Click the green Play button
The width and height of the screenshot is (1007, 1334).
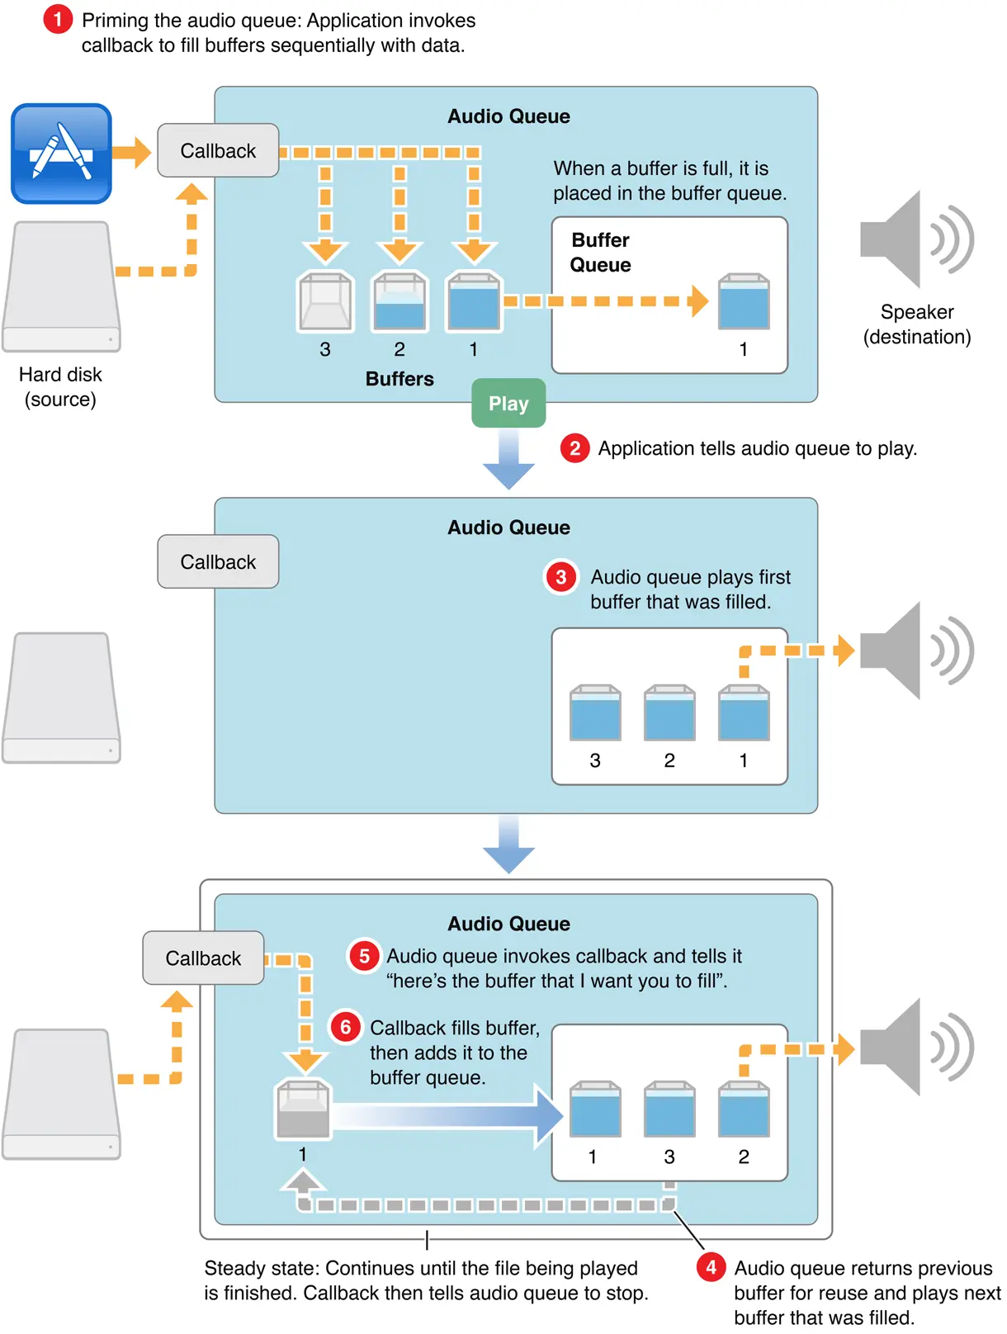[x=508, y=404]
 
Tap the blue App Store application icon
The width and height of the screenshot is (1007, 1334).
[x=61, y=154]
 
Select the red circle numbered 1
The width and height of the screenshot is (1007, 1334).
[x=58, y=19]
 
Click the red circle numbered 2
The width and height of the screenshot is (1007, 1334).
[x=574, y=448]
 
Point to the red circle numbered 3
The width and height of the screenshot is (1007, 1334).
[x=561, y=577]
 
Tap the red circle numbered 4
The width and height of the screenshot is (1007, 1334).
[x=711, y=1267]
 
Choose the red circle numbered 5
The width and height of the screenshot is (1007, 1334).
[x=363, y=956]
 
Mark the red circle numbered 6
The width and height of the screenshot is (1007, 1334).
[x=345, y=1027]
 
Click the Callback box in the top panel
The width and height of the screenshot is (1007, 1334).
[x=218, y=151]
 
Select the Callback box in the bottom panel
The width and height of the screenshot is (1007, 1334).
[x=203, y=958]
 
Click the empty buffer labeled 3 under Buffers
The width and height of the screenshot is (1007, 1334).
[x=325, y=302]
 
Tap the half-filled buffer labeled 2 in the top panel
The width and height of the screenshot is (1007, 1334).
[x=399, y=302]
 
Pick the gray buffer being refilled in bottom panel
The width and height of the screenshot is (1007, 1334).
[x=303, y=1109]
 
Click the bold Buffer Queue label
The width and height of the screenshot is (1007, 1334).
[x=600, y=253]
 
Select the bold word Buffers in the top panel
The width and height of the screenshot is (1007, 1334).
[x=399, y=379]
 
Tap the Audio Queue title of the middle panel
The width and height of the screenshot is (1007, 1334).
[x=508, y=527]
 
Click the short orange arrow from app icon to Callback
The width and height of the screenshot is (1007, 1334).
[x=131, y=152]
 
